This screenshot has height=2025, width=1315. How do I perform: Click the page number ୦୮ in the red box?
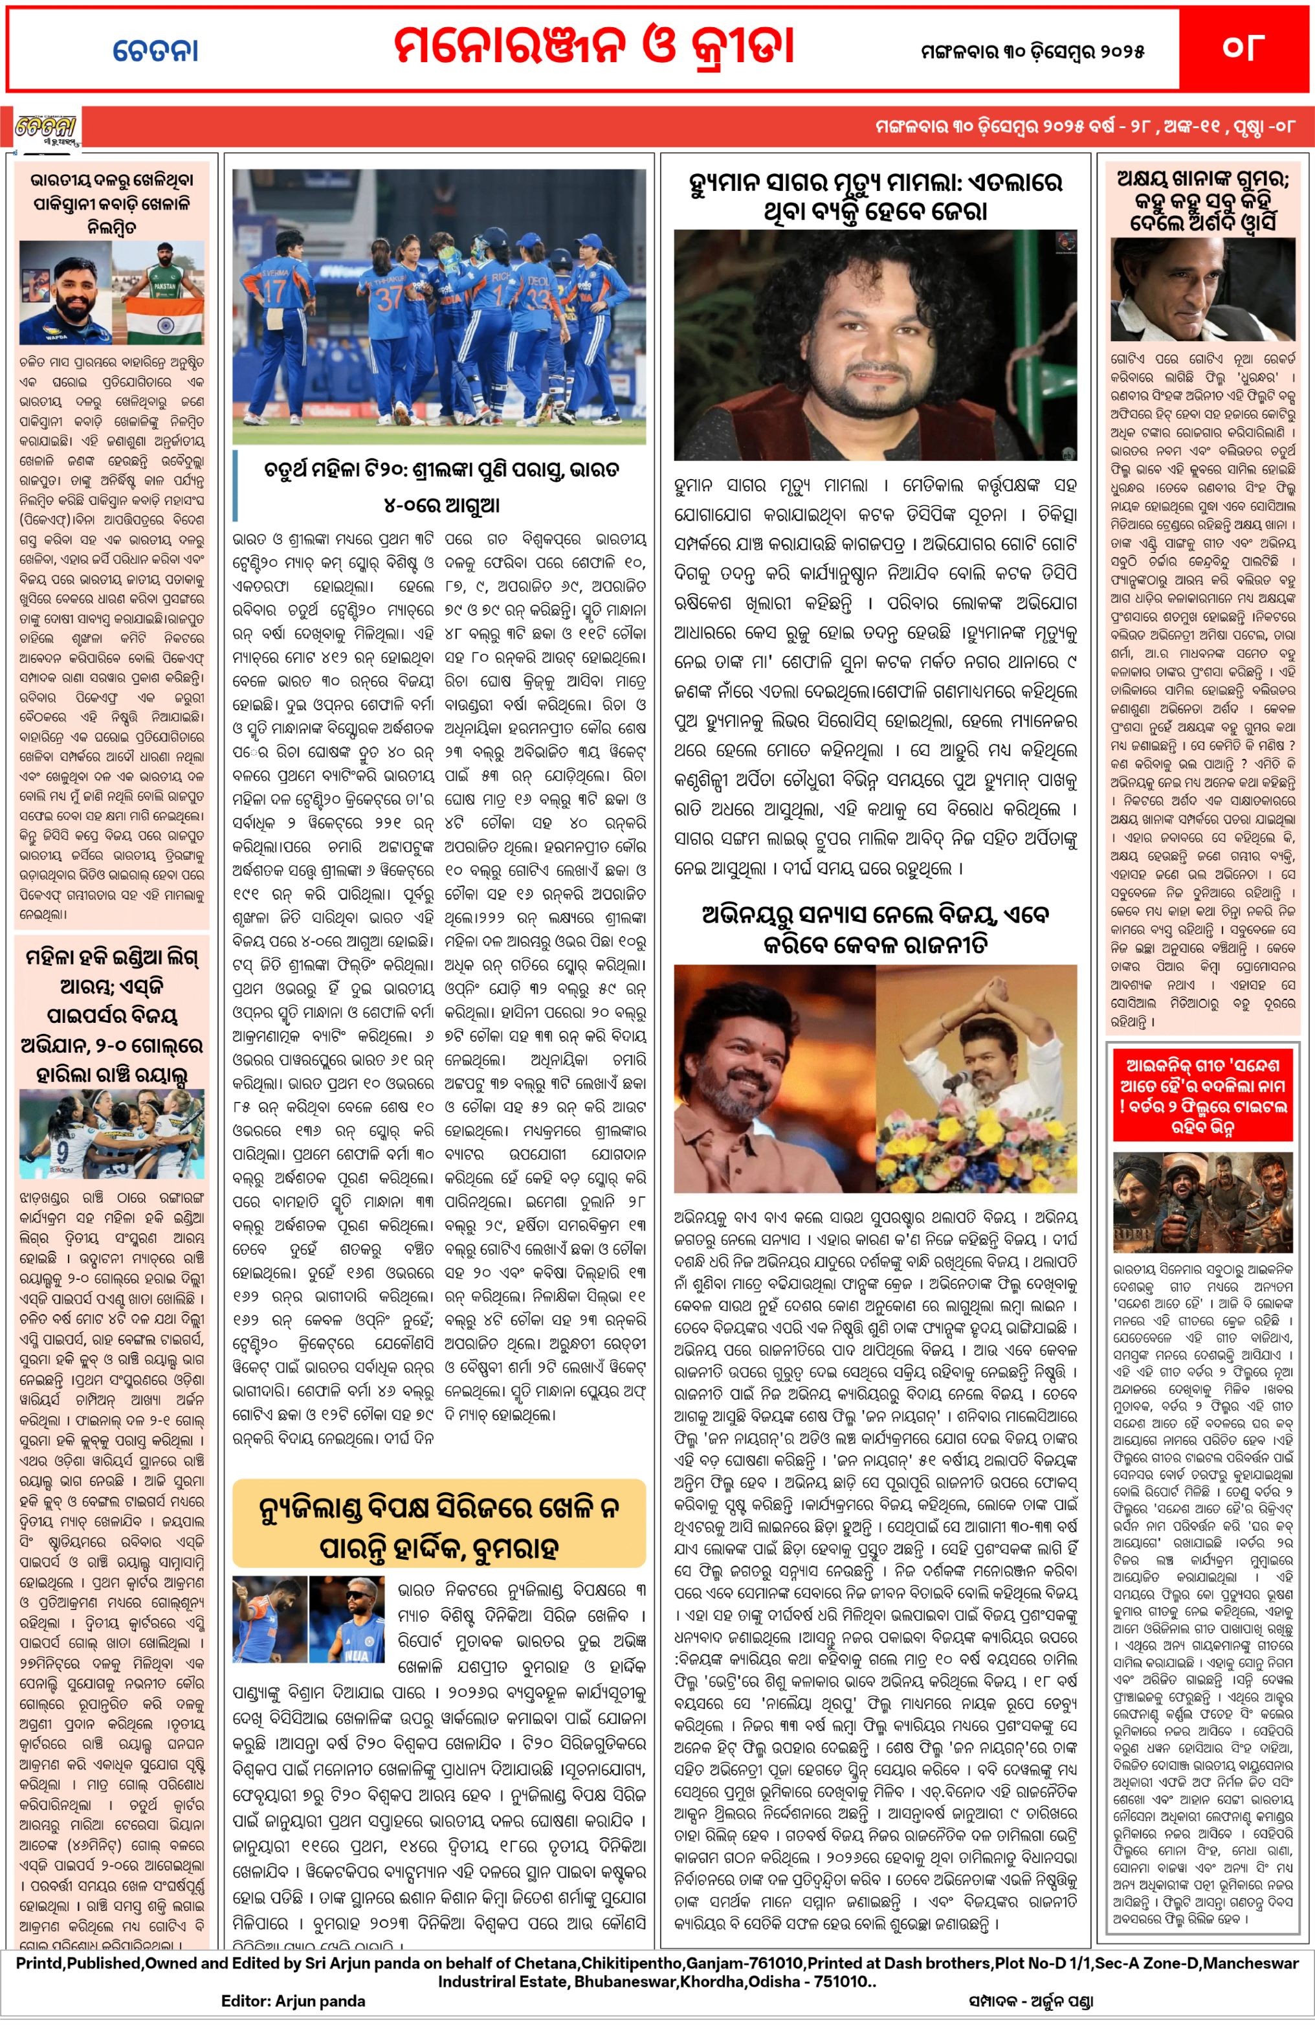click(x=1243, y=48)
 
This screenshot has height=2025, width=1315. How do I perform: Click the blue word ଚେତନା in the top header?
click(x=156, y=51)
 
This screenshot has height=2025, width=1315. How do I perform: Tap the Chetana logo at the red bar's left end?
click(x=46, y=128)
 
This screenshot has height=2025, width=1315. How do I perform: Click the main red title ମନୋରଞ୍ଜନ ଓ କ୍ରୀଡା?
click(x=593, y=46)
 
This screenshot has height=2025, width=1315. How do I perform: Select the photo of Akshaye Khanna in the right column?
click(x=1203, y=289)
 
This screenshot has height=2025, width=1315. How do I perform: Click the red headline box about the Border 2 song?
click(x=1203, y=1095)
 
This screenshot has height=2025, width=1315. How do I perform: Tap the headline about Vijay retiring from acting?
click(x=875, y=929)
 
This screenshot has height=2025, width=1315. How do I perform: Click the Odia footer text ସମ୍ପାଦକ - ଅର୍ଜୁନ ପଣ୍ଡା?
click(x=1030, y=2001)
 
